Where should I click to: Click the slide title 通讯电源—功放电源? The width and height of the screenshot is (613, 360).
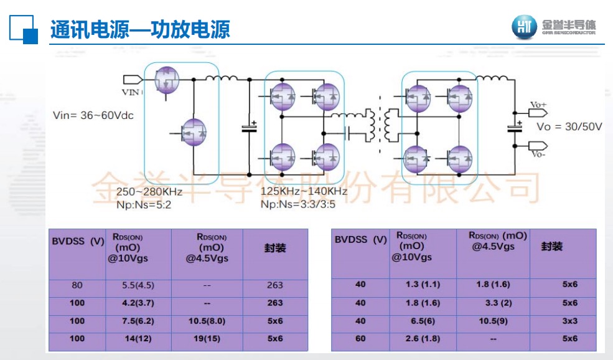(x=140, y=29)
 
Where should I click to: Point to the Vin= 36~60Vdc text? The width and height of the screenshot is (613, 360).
(x=93, y=115)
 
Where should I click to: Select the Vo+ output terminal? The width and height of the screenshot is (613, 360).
(x=538, y=105)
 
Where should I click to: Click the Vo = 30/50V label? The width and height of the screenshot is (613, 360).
(x=569, y=126)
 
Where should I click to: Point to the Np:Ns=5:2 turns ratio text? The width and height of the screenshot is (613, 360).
(x=145, y=204)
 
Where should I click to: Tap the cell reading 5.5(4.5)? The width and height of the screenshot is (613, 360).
(x=138, y=285)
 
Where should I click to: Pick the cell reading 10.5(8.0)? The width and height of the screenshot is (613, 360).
(x=207, y=321)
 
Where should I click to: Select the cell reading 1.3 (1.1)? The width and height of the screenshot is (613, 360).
(x=423, y=284)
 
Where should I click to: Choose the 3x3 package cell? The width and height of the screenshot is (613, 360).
(x=570, y=321)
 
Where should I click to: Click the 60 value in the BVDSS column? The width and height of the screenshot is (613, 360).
(x=360, y=338)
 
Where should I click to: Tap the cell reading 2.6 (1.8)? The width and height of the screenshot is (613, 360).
(x=423, y=338)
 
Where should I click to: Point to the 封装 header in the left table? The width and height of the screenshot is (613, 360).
(x=274, y=248)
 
